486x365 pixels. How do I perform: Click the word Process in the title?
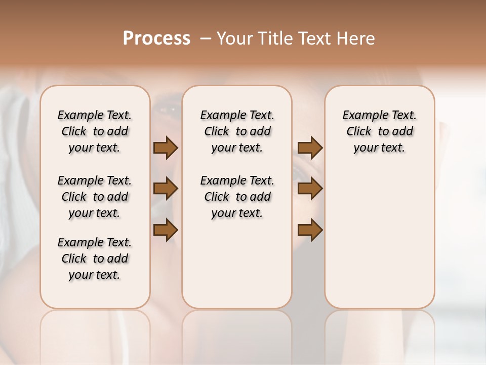[x=156, y=38]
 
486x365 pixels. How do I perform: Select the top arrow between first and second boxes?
[x=166, y=148]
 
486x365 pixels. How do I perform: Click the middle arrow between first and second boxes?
[x=166, y=189]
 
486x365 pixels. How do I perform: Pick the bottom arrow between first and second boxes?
[x=166, y=230]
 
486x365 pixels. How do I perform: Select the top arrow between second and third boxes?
[x=310, y=148]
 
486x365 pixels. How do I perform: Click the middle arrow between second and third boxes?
[x=310, y=189]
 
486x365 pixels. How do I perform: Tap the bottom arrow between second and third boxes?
[x=310, y=230]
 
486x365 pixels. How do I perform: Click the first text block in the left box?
[x=95, y=131]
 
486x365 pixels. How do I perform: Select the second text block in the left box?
[x=95, y=197]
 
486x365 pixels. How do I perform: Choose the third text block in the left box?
[x=95, y=259]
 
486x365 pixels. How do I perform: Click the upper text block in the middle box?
[x=237, y=131]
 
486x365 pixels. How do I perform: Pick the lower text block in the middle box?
[x=237, y=197]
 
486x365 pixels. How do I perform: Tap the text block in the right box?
[x=379, y=131]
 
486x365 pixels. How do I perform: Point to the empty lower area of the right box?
[x=379, y=238]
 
